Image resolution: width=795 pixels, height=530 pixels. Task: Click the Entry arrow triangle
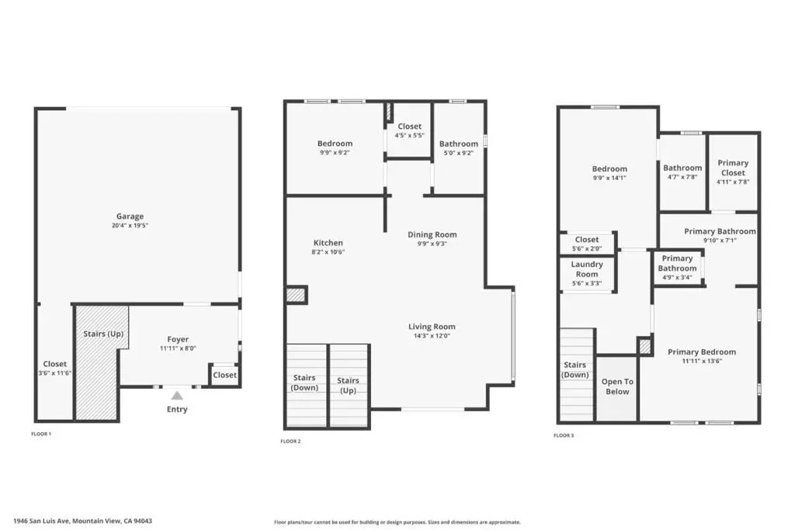point(177,396)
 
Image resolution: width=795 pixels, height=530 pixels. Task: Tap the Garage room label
point(130,217)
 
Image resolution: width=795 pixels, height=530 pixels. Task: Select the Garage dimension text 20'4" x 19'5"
point(130,226)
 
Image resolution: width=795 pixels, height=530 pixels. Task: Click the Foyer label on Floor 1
point(178,339)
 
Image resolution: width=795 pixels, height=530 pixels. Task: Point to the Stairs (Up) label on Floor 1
point(103,334)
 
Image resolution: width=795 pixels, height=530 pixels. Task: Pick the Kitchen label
point(328,243)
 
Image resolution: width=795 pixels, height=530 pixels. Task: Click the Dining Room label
point(432,234)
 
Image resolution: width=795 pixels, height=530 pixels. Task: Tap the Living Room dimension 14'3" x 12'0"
point(432,335)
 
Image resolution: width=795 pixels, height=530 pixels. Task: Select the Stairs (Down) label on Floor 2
point(304,383)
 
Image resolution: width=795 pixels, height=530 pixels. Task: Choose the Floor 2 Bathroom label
point(458,144)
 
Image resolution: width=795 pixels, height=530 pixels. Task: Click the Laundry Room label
point(587,269)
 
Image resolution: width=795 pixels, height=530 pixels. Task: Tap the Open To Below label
point(617,386)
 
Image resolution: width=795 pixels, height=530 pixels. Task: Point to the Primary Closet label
point(733,168)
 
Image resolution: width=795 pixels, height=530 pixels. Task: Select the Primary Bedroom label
point(702,352)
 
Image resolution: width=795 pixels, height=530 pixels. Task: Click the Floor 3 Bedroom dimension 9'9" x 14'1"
point(609,178)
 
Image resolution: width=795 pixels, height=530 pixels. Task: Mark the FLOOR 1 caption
point(41,434)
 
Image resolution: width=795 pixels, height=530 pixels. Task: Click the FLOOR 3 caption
point(564,435)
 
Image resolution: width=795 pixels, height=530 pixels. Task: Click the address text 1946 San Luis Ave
point(42,521)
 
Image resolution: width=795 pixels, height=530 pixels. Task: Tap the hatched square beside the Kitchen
point(296,295)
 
